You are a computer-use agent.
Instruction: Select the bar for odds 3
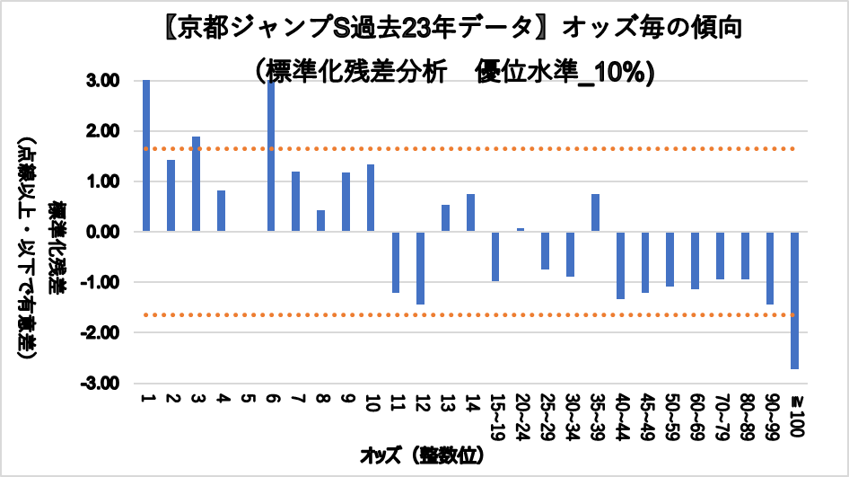point(196,184)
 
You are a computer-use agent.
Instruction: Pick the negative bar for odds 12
point(420,268)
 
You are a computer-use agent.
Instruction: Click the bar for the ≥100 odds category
point(794,300)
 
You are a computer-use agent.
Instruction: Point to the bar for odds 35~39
point(595,213)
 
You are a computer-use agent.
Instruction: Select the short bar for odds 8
point(320,221)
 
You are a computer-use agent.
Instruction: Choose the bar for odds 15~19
point(495,256)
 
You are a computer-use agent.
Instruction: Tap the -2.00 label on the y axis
point(106,332)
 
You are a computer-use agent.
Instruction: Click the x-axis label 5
point(245,398)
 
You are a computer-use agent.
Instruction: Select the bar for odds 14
point(470,213)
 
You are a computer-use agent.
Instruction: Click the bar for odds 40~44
point(620,265)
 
